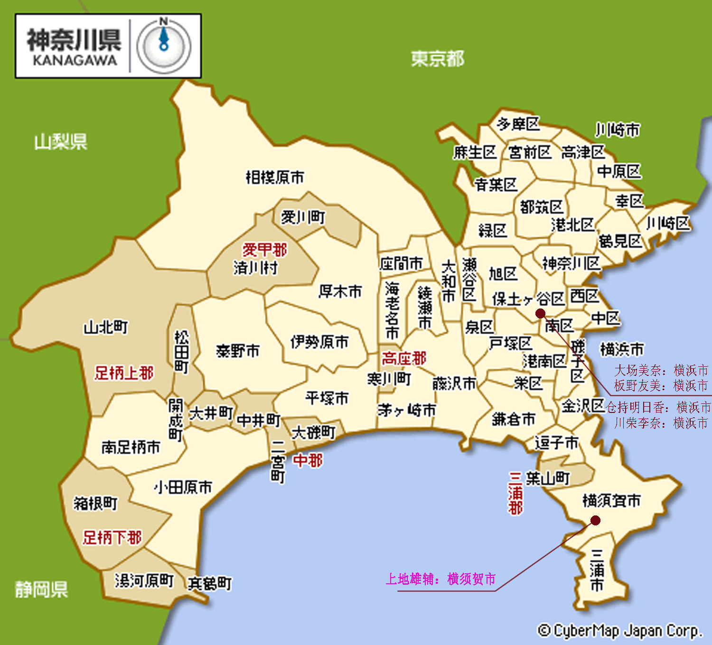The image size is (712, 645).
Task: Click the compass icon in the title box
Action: (x=164, y=46)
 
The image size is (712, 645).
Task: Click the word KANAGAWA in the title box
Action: (x=75, y=61)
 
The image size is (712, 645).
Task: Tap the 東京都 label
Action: (x=437, y=59)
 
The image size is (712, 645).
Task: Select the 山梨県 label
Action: (x=61, y=141)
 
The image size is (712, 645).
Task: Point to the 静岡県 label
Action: (x=41, y=589)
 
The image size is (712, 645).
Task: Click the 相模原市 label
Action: (x=275, y=177)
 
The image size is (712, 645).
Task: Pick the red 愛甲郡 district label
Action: (x=265, y=250)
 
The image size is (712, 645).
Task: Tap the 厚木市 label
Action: (x=340, y=291)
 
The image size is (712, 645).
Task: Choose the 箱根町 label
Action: (x=95, y=503)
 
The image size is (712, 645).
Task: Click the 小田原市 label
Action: (x=183, y=487)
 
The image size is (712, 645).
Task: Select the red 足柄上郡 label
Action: (x=124, y=373)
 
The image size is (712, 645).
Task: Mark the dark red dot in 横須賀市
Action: (x=595, y=521)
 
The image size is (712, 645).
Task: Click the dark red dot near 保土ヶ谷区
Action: (x=540, y=313)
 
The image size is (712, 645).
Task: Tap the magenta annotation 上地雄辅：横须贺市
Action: (x=440, y=579)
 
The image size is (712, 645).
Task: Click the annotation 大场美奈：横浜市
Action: (x=661, y=370)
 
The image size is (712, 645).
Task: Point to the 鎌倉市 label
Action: (x=514, y=419)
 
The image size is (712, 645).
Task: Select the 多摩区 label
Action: (x=518, y=124)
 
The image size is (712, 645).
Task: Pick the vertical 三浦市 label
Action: (x=597, y=570)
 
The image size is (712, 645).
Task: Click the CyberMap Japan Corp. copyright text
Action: (x=620, y=631)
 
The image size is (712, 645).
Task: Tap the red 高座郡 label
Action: (x=404, y=358)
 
